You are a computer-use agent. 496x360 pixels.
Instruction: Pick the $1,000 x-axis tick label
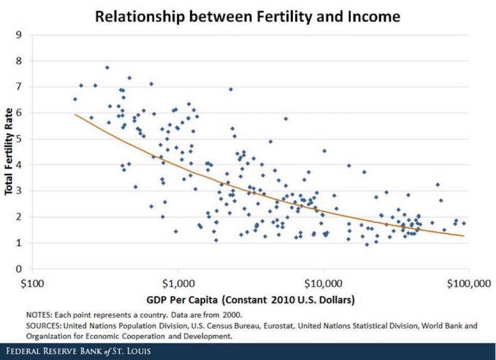[177, 283]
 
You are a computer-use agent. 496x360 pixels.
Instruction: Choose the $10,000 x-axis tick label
[323, 283]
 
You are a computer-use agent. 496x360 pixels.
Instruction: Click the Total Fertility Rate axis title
[9, 152]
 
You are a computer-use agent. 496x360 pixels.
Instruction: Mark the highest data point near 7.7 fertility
[107, 67]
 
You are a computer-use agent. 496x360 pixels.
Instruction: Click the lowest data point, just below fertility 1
[367, 244]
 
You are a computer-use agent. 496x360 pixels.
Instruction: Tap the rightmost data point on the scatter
[463, 223]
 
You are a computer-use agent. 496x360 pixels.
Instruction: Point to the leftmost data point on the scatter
[75, 99]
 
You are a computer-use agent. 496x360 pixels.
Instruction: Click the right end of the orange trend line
[464, 236]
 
